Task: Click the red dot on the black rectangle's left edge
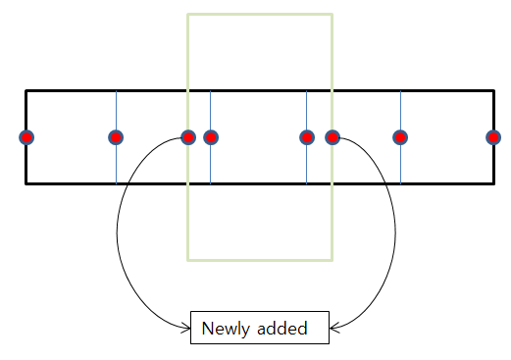point(26,137)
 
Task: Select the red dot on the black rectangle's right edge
point(493,137)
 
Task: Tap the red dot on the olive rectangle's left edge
point(188,137)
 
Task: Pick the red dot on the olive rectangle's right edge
point(332,137)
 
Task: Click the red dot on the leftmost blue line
point(116,137)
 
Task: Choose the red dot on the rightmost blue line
point(400,137)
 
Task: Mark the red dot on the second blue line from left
point(210,137)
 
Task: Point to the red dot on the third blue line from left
point(307,137)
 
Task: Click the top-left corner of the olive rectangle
point(188,15)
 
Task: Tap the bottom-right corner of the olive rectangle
point(332,260)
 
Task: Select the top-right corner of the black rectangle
point(493,91)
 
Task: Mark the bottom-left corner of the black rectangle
point(26,183)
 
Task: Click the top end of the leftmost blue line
point(116,92)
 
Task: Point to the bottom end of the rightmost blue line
point(400,182)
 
